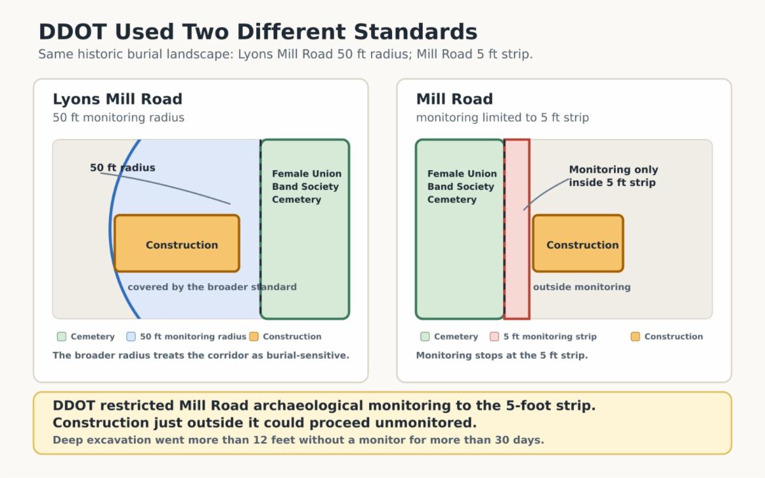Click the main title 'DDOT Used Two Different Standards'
pyautogui.click(x=258, y=32)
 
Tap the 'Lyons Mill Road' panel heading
pyautogui.click(x=117, y=99)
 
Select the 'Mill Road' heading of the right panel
pyautogui.click(x=454, y=99)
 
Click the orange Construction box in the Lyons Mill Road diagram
pyautogui.click(x=177, y=243)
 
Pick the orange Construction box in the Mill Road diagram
pyautogui.click(x=578, y=243)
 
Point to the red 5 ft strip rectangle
pyautogui.click(x=517, y=229)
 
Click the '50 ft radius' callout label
pyautogui.click(x=122, y=168)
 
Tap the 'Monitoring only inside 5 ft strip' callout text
pyautogui.click(x=613, y=176)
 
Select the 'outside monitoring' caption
pyautogui.click(x=581, y=287)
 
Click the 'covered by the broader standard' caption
pyautogui.click(x=212, y=287)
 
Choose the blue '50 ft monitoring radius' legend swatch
pyautogui.click(x=131, y=337)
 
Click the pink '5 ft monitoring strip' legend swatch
pyautogui.click(x=494, y=337)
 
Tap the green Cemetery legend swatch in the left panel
pyautogui.click(x=62, y=337)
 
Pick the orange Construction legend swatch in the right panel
pyautogui.click(x=635, y=337)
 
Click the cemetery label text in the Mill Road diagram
pyautogui.click(x=462, y=187)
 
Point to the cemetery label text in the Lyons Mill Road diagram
pyautogui.click(x=307, y=187)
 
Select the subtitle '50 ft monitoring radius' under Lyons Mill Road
pyautogui.click(x=119, y=118)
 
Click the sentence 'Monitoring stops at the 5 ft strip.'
pyautogui.click(x=502, y=356)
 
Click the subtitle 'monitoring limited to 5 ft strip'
pyautogui.click(x=502, y=118)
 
